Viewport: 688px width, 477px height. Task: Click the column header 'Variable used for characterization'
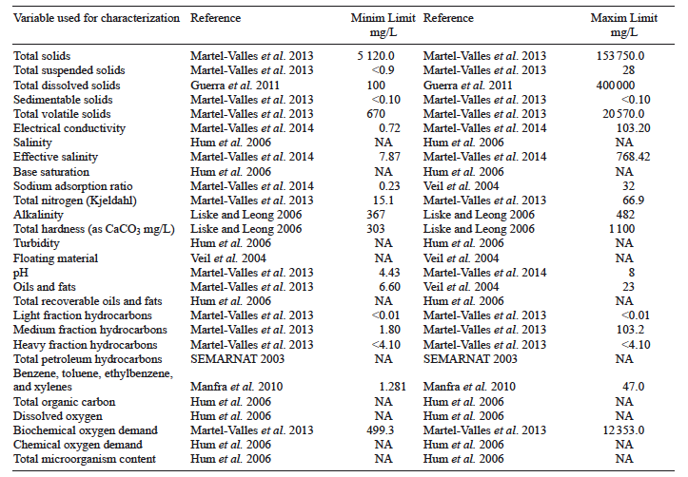point(95,18)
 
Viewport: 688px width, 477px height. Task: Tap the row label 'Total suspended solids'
point(69,70)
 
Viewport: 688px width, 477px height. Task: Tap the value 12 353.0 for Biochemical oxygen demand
point(621,429)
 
